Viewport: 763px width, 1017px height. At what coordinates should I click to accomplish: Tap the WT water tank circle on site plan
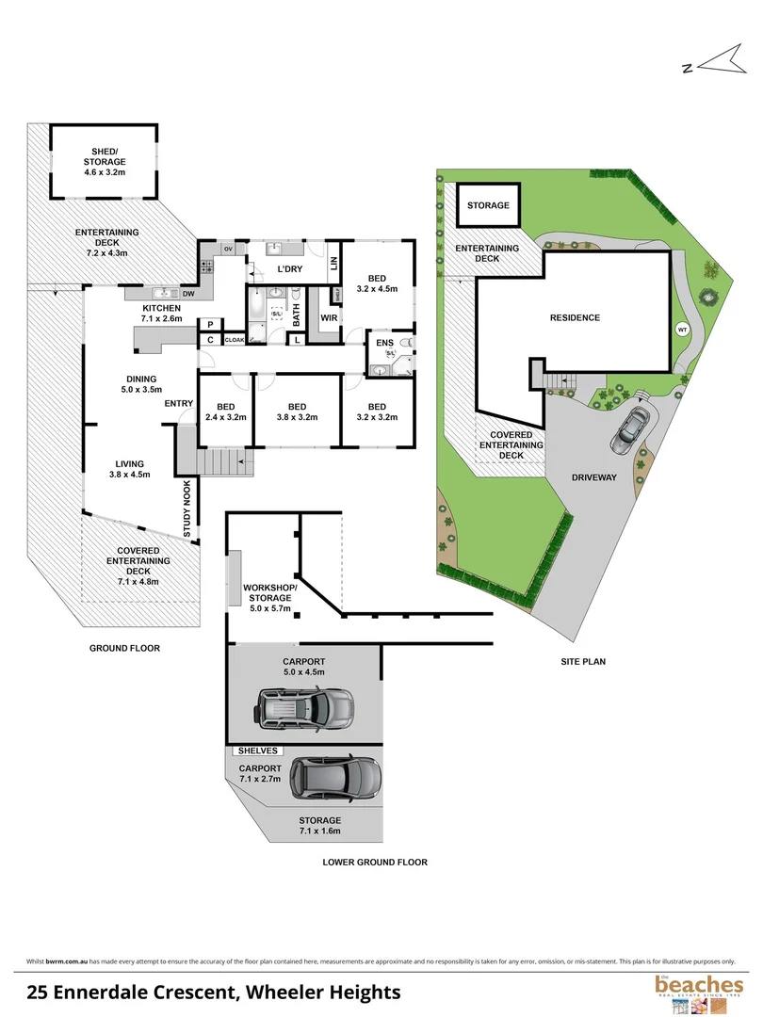[682, 330]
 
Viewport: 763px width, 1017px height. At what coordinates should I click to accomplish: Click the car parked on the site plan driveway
[628, 428]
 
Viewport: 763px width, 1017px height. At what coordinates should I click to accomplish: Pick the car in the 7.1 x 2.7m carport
[336, 777]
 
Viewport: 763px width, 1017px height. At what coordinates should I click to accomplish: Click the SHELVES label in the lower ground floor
[258, 751]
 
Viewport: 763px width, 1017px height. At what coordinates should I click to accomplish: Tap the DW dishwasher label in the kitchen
[188, 294]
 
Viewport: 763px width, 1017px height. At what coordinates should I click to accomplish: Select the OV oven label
[228, 249]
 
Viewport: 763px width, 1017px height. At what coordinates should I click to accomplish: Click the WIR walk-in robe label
[329, 319]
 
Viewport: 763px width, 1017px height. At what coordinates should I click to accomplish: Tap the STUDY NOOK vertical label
[187, 508]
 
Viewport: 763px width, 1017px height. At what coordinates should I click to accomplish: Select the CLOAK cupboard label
[234, 340]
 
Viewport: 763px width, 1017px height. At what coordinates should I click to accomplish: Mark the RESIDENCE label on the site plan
[575, 318]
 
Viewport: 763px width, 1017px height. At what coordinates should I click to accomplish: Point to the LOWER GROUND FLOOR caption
[375, 862]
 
